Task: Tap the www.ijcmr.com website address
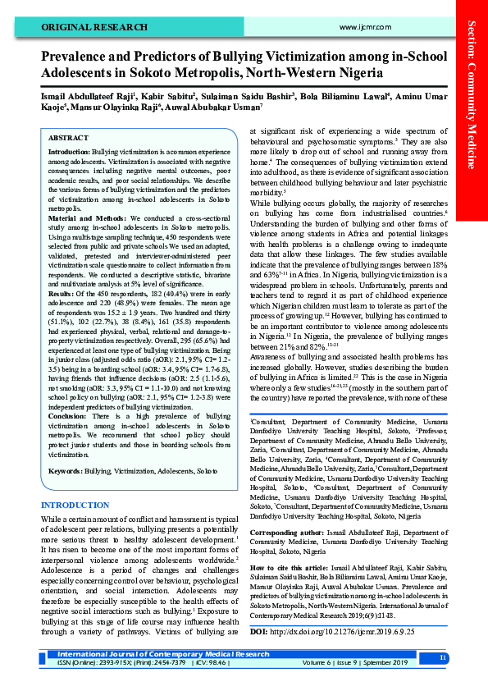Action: point(362,28)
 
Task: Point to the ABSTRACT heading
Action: point(69,139)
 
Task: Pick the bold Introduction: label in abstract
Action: point(69,153)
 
